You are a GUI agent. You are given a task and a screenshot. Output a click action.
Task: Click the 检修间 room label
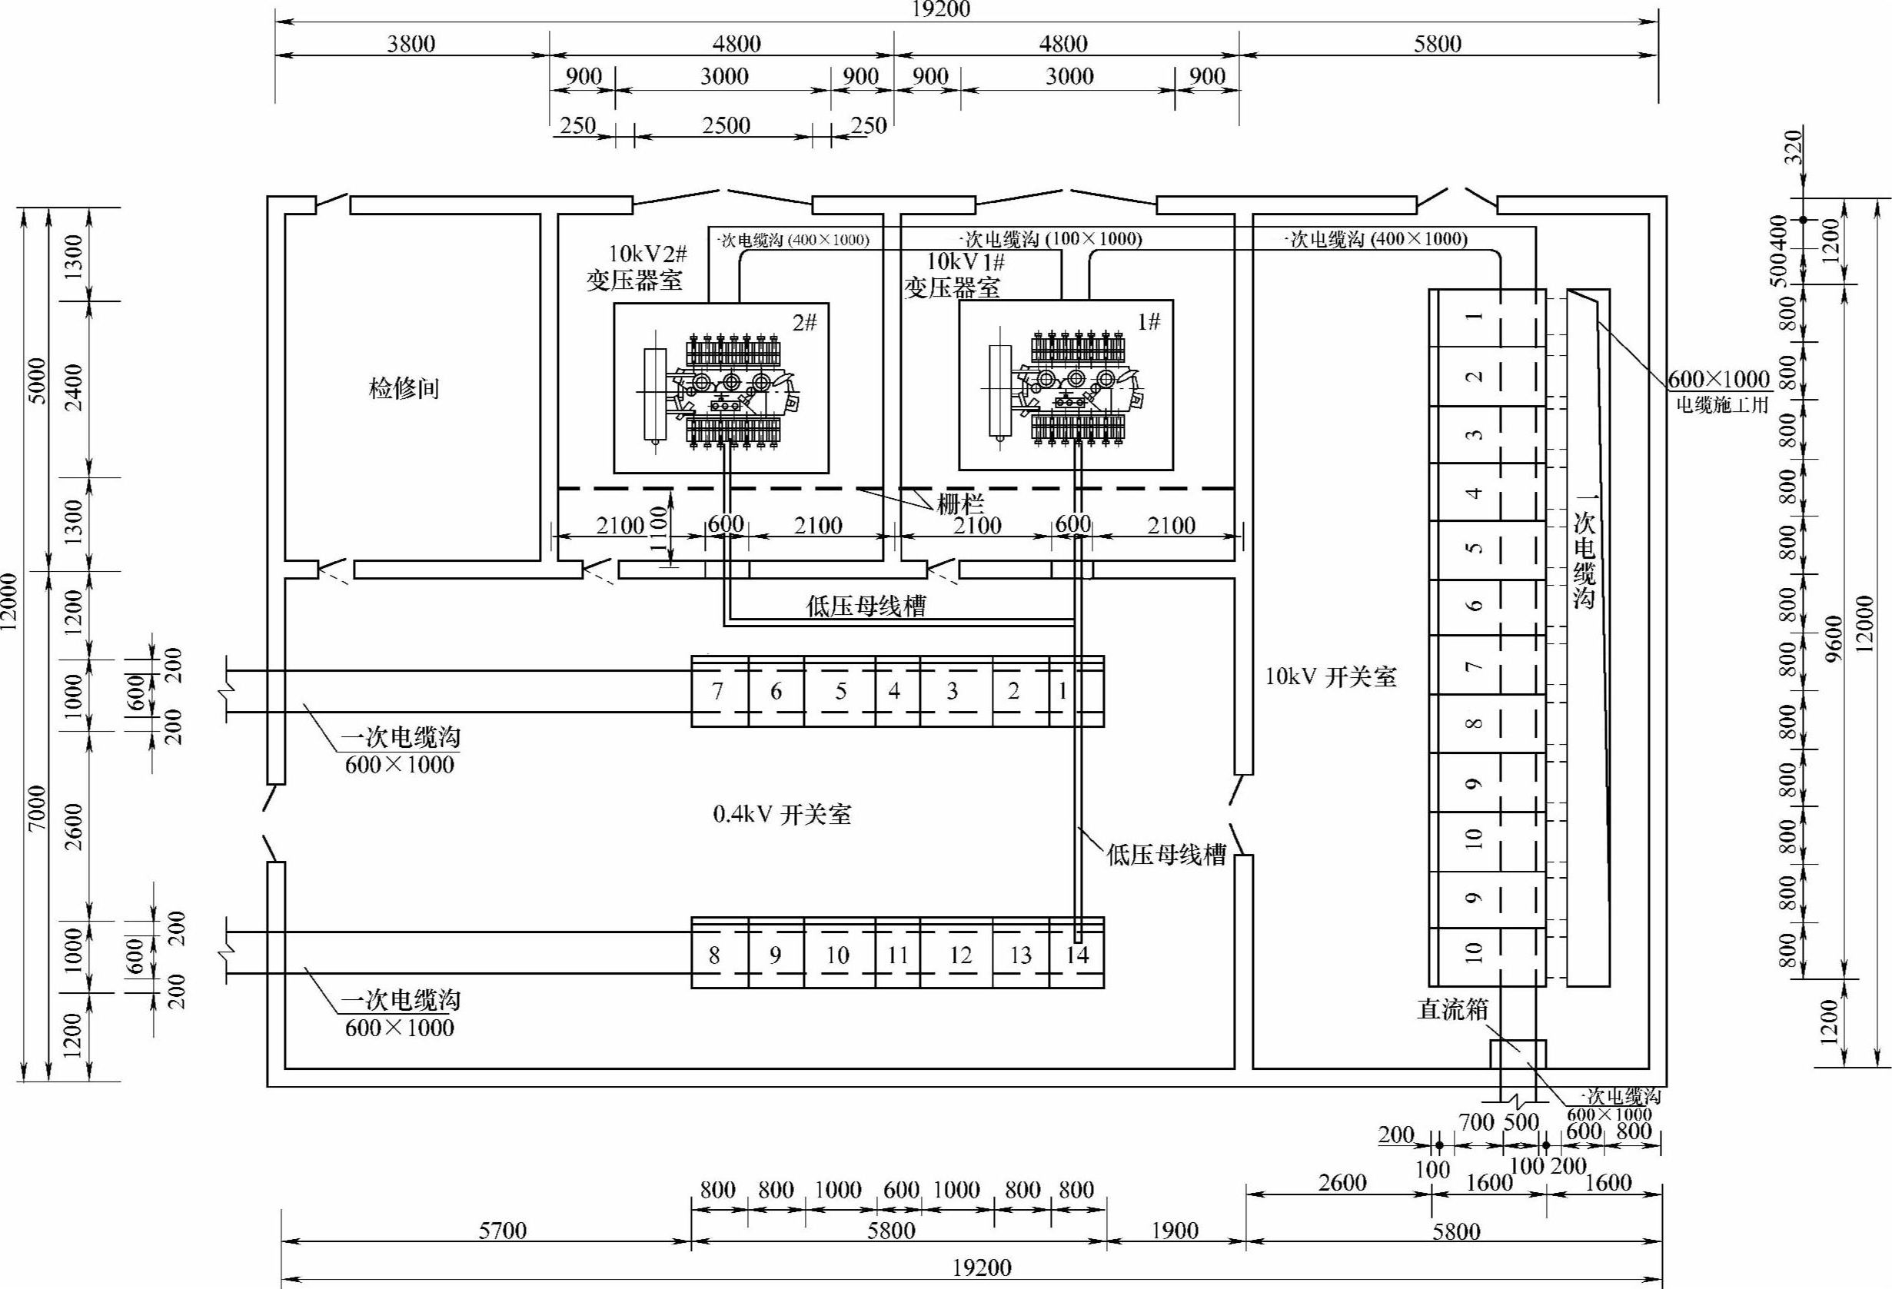pyautogui.click(x=404, y=388)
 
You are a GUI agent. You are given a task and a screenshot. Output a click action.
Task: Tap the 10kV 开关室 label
pyautogui.click(x=1331, y=676)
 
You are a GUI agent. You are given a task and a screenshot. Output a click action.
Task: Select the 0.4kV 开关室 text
pyautogui.click(x=782, y=815)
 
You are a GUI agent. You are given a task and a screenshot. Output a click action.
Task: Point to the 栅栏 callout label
pyautogui.click(x=960, y=503)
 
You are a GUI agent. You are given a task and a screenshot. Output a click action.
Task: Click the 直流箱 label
pyautogui.click(x=1452, y=1009)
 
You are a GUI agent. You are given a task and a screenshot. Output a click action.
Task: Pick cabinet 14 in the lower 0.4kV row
pyautogui.click(x=1077, y=955)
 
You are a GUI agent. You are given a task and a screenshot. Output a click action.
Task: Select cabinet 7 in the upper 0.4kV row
pyautogui.click(x=719, y=691)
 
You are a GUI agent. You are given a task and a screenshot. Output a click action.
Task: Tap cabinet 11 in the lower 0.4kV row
pyautogui.click(x=898, y=955)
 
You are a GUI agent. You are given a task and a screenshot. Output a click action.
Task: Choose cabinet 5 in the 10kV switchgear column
pyautogui.click(x=1488, y=550)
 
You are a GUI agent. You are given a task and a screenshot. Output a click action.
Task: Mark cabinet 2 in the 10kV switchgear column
pyautogui.click(x=1488, y=376)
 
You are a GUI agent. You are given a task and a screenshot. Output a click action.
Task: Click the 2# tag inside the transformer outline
pyautogui.click(x=804, y=322)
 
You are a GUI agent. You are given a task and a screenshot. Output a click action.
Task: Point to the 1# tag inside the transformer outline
pyautogui.click(x=1149, y=321)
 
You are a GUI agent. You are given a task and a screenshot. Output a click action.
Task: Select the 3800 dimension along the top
pyautogui.click(x=411, y=43)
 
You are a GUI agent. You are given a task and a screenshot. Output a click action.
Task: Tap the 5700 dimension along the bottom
pyautogui.click(x=502, y=1230)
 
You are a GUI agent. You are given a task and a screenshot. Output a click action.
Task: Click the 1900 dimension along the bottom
pyautogui.click(x=1175, y=1230)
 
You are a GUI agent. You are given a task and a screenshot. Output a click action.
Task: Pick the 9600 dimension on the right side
pyautogui.click(x=1834, y=639)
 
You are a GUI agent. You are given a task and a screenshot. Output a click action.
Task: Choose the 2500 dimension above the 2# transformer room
pyautogui.click(x=727, y=125)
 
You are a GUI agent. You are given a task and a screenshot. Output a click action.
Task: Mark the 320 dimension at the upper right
pyautogui.click(x=1794, y=147)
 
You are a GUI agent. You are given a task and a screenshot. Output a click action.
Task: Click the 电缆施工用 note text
pyautogui.click(x=1723, y=404)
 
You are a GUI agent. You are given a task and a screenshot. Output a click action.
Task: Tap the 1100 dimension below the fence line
pyautogui.click(x=660, y=529)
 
